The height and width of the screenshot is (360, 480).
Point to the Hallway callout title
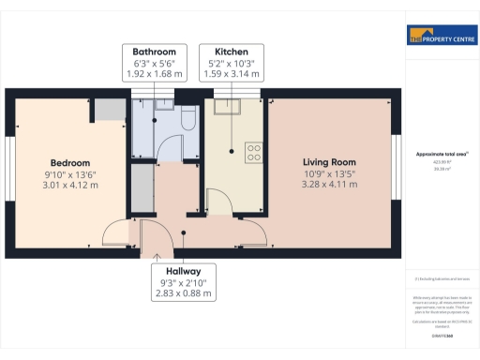[x=184, y=270]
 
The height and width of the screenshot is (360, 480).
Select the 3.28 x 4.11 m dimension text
[x=328, y=186]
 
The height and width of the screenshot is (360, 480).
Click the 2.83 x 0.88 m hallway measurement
[x=184, y=294]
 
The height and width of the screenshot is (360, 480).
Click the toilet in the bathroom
[x=186, y=120]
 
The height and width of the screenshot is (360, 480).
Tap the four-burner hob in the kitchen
[x=253, y=151]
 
